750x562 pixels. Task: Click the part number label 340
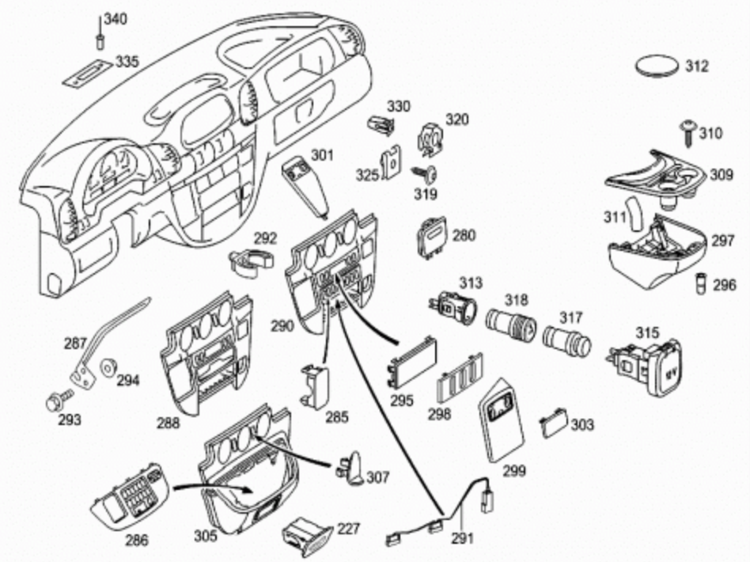tap(116, 20)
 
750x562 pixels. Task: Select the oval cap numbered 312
tap(660, 65)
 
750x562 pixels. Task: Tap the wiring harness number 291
tap(462, 538)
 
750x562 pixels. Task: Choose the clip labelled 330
tap(381, 125)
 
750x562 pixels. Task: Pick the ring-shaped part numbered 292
tap(248, 262)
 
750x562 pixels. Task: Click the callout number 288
tap(168, 423)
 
